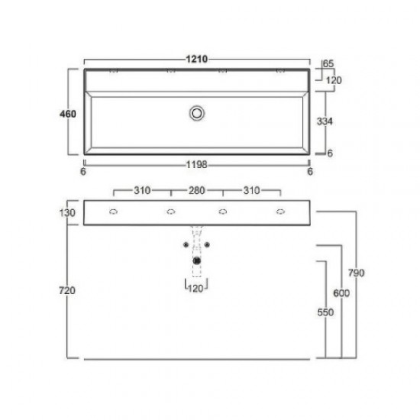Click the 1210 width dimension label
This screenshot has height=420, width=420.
pyautogui.click(x=198, y=59)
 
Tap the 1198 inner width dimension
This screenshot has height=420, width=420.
pyautogui.click(x=198, y=163)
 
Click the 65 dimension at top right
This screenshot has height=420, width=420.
pyautogui.click(x=329, y=64)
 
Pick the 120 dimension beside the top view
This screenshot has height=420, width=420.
pyautogui.click(x=332, y=79)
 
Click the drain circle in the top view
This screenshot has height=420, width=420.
pyautogui.click(x=198, y=113)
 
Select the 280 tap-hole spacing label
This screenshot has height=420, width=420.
pyautogui.click(x=197, y=189)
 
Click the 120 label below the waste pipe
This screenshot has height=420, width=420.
pyautogui.click(x=198, y=288)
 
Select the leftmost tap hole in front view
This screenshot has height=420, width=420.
pyautogui.click(x=114, y=212)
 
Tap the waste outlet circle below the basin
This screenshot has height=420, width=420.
pyautogui.click(x=198, y=260)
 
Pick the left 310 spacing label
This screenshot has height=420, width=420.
pyautogui.click(x=141, y=189)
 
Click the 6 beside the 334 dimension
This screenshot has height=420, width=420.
pyautogui.click(x=330, y=153)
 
